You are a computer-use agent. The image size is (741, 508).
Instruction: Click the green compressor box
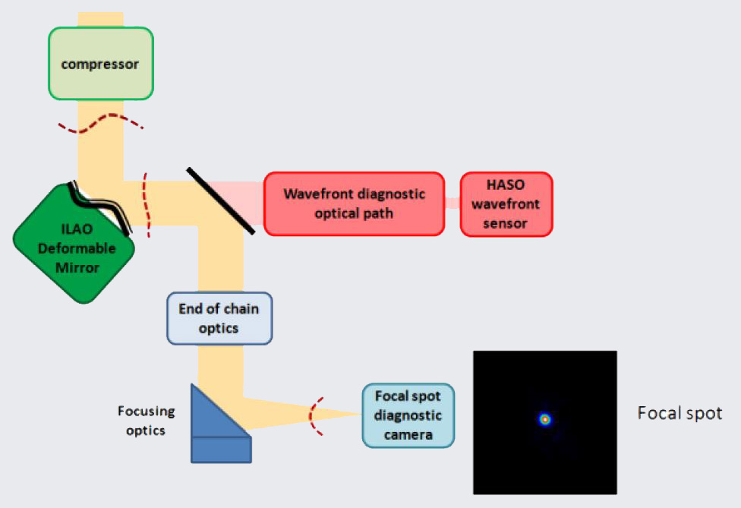tap(101, 65)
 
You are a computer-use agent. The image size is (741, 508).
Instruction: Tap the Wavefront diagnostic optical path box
tap(354, 204)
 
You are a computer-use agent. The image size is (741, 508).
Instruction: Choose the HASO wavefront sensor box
tap(506, 204)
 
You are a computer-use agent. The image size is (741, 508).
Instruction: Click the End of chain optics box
tap(219, 318)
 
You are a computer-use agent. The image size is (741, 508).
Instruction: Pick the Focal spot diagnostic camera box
tap(408, 415)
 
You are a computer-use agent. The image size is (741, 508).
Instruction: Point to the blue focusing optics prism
tap(217, 425)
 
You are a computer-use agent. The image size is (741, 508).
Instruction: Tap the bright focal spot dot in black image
tap(544, 419)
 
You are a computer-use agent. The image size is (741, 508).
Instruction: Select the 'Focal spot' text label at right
tap(679, 414)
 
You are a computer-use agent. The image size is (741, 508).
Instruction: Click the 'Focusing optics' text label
tap(146, 420)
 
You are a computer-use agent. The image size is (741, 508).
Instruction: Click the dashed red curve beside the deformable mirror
tap(147, 205)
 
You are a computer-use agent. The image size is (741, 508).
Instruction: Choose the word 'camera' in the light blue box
tap(408, 434)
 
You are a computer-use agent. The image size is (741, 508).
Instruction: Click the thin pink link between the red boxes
tap(452, 203)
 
